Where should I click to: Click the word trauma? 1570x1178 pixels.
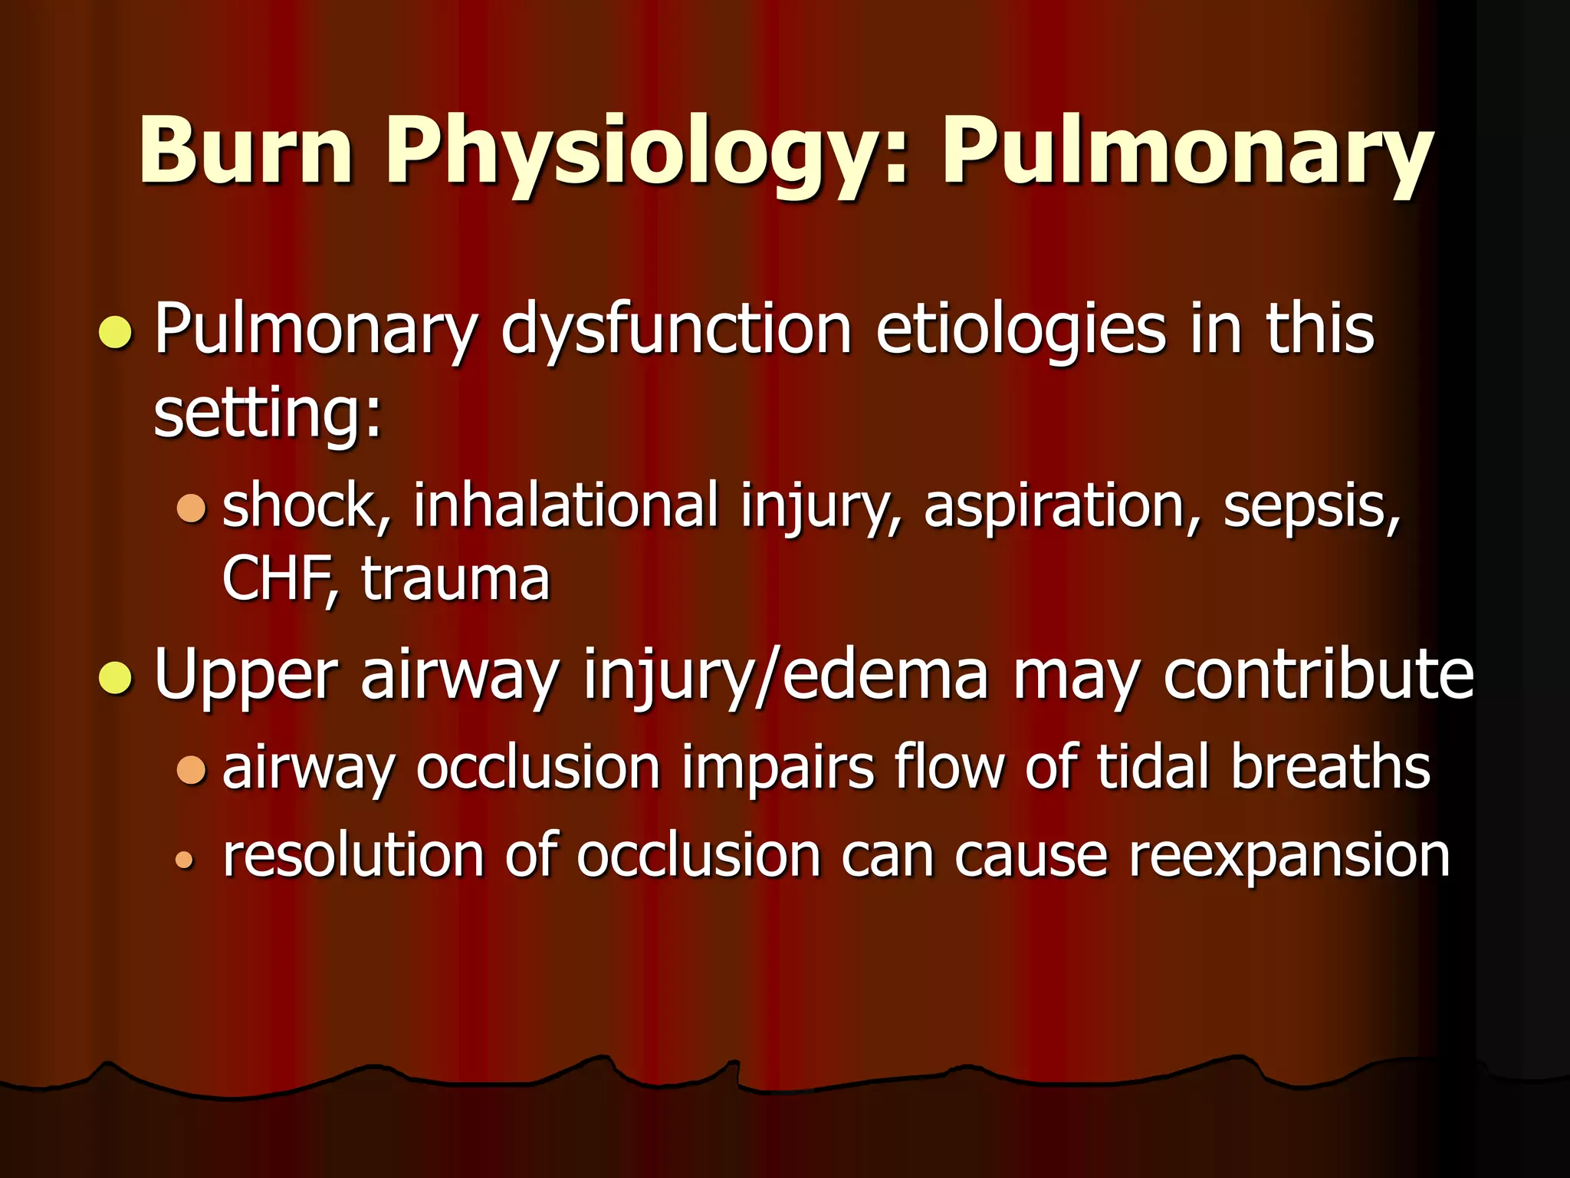click(455, 579)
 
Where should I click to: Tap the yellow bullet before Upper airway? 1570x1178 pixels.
click(116, 677)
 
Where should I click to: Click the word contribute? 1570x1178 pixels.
click(1318, 675)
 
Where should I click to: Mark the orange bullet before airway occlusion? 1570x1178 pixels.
click(191, 769)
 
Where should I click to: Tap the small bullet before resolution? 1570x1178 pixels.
click(184, 860)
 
